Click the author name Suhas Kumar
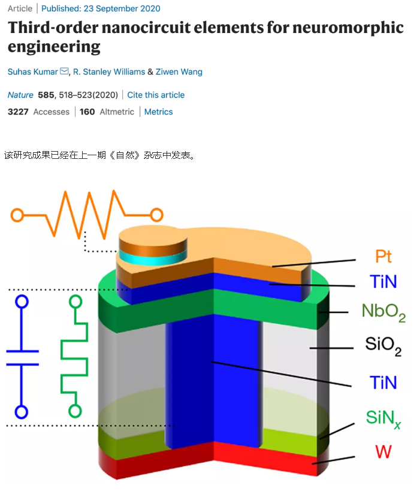click(33, 72)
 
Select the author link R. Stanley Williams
click(109, 72)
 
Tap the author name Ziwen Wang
click(179, 72)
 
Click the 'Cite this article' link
click(156, 95)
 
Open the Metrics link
click(158, 112)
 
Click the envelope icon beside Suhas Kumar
click(64, 71)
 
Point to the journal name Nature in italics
click(20, 95)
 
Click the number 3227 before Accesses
click(18, 112)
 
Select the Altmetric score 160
click(87, 112)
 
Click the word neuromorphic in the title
click(348, 28)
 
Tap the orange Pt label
click(383, 256)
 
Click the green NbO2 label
click(383, 312)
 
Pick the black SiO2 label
click(383, 345)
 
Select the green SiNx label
click(383, 418)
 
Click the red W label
click(383, 451)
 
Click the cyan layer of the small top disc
click(153, 257)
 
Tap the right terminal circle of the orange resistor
click(156, 215)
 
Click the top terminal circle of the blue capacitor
click(22, 301)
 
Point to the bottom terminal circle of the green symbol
click(75, 411)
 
